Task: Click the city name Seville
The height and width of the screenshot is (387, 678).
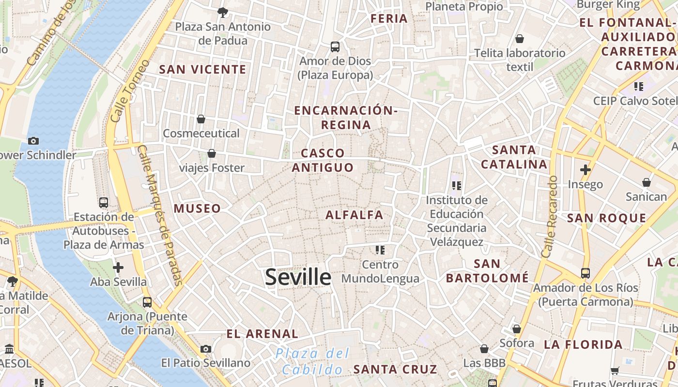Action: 298,277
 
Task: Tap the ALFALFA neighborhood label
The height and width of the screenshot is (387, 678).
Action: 354,215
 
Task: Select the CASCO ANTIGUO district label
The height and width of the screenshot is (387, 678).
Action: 323,160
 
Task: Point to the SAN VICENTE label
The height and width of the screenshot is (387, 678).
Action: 203,70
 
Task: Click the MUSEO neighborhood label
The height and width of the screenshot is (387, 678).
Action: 197,208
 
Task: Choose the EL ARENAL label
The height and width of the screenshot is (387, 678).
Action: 262,334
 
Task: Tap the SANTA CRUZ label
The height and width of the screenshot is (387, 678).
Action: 395,369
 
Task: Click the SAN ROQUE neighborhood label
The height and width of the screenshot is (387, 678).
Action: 606,218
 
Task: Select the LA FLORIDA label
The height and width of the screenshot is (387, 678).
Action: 583,344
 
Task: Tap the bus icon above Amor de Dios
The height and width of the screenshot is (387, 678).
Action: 335,47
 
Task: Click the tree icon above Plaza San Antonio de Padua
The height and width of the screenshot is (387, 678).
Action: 223,12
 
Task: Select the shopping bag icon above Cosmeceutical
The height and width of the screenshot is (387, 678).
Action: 201,119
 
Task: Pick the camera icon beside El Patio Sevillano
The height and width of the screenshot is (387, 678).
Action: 206,349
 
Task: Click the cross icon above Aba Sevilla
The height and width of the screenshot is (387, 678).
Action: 118,268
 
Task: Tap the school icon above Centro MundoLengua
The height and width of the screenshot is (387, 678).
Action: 380,250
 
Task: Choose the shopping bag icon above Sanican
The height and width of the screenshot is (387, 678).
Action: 646,182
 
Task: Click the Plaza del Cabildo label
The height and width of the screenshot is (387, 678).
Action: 312,361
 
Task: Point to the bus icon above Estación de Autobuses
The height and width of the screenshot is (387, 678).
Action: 104,202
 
